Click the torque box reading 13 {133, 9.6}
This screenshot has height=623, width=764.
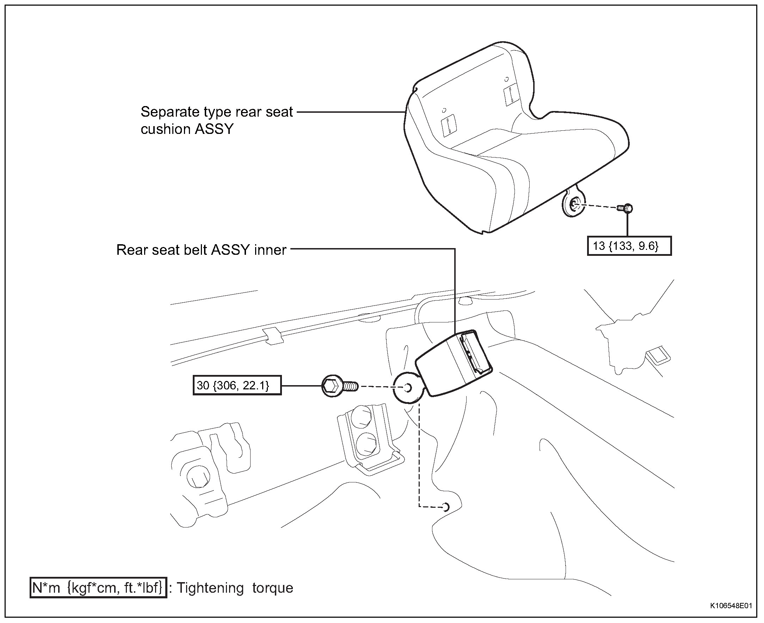(629, 246)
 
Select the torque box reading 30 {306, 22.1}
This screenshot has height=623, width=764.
(237, 385)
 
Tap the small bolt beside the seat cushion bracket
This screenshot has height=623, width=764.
(625, 208)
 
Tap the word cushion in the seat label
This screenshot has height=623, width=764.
(165, 129)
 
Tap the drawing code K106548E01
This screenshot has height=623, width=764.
(731, 606)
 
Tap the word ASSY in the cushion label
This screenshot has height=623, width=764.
(214, 129)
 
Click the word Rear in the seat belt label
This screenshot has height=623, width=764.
(132, 250)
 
